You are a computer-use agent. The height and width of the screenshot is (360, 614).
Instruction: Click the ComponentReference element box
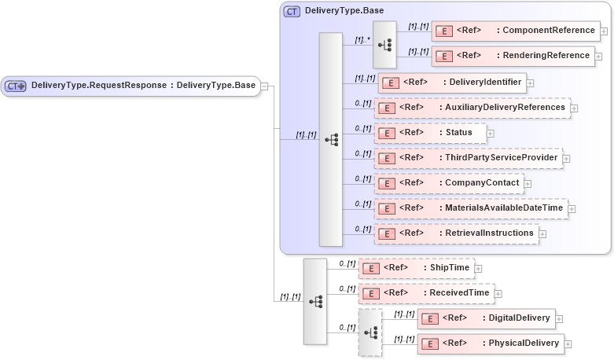(x=515, y=31)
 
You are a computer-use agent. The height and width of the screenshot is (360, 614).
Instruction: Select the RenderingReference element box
(x=512, y=56)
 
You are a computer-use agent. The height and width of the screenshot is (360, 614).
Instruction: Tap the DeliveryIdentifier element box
(x=451, y=82)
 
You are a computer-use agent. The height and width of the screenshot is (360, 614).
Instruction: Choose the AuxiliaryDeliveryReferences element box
(x=472, y=108)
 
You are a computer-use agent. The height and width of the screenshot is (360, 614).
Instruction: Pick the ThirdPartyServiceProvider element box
(x=468, y=158)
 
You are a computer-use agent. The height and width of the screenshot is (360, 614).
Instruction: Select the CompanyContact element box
(x=453, y=183)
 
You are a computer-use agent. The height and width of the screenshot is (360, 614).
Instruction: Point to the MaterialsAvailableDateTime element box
(x=471, y=208)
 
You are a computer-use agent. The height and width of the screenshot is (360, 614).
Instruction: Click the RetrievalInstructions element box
(x=456, y=233)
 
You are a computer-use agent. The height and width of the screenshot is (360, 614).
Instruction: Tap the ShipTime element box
(x=416, y=268)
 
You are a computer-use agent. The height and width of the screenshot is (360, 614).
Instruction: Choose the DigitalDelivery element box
(x=487, y=318)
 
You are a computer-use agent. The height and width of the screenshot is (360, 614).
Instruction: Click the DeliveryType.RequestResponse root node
(x=131, y=86)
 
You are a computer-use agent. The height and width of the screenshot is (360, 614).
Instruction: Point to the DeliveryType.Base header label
(x=344, y=11)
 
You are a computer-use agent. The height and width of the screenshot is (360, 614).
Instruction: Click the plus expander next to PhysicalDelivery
(x=568, y=344)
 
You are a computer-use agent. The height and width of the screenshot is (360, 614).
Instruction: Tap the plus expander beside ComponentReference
(x=604, y=32)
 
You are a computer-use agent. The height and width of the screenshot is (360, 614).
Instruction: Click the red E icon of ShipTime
(x=370, y=268)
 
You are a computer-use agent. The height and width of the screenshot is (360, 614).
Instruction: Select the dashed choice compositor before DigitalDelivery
(x=370, y=332)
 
